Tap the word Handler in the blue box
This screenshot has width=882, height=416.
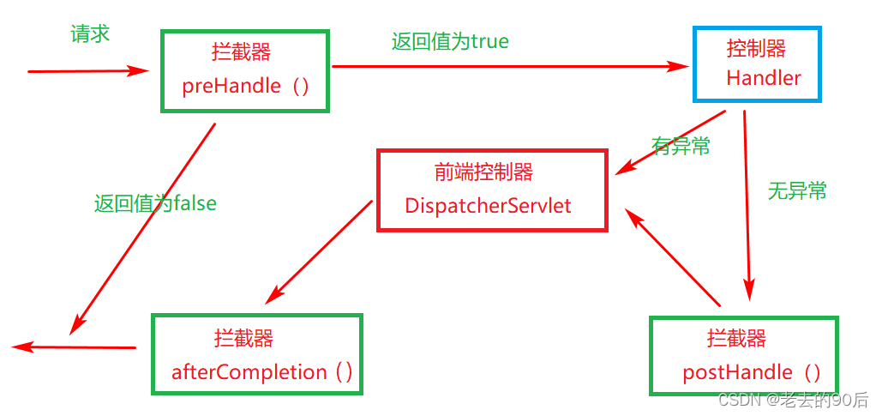763,78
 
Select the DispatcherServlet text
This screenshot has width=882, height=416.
488,206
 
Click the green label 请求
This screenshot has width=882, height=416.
90,34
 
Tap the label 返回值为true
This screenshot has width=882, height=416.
450,41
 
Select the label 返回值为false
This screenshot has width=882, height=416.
155,203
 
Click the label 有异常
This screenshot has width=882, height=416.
681,147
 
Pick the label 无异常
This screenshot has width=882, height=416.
797,191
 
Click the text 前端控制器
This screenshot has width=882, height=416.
483,172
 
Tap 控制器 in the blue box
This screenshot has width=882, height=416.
756,48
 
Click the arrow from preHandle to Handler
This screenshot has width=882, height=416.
506,65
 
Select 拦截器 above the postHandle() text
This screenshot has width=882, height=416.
736,338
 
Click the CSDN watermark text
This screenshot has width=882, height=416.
793,400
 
